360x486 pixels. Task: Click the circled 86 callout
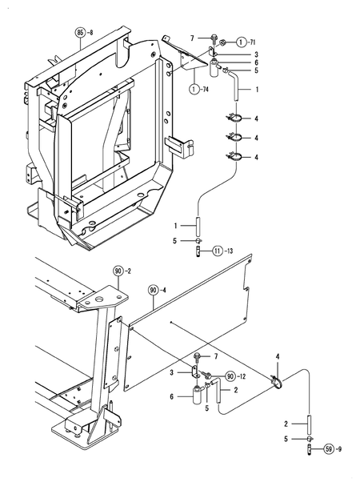(79, 32)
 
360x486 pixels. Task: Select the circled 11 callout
(217, 251)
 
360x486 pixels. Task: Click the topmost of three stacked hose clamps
(236, 119)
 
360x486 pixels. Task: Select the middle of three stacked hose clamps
(236, 138)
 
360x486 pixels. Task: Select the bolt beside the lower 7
(197, 355)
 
